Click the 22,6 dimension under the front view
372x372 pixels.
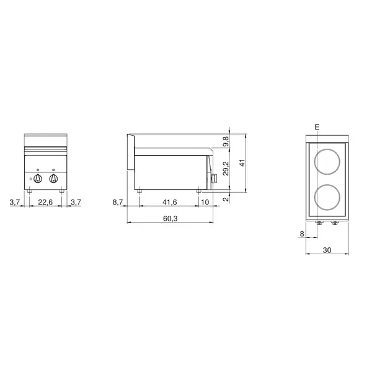point(45,201)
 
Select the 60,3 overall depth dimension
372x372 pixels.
point(169,219)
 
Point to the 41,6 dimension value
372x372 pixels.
point(169,201)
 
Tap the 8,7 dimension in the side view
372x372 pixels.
point(118,201)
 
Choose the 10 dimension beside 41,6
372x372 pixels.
point(205,201)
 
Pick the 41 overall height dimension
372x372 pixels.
point(244,162)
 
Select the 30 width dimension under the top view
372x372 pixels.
point(329,250)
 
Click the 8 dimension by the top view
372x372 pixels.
point(302,234)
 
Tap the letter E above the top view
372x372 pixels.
point(317,127)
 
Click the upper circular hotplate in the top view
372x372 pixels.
point(328,161)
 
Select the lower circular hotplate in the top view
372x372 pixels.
point(328,196)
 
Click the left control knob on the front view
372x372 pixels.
point(38,179)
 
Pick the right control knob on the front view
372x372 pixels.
point(53,179)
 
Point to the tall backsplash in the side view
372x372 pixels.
point(130,152)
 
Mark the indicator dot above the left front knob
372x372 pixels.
point(38,169)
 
